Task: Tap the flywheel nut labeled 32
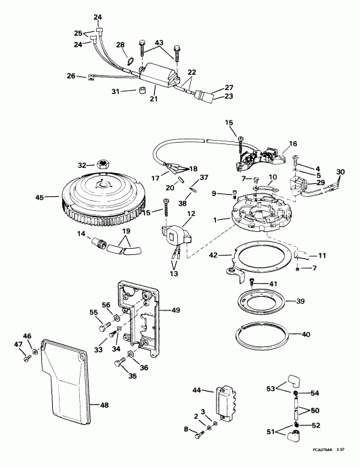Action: click(104, 164)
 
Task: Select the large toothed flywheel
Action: click(102, 200)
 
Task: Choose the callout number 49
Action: click(175, 310)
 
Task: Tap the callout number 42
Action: click(214, 256)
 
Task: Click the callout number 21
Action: click(154, 99)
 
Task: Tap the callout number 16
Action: click(294, 144)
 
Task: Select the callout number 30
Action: click(340, 171)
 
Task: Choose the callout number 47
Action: click(19, 345)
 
